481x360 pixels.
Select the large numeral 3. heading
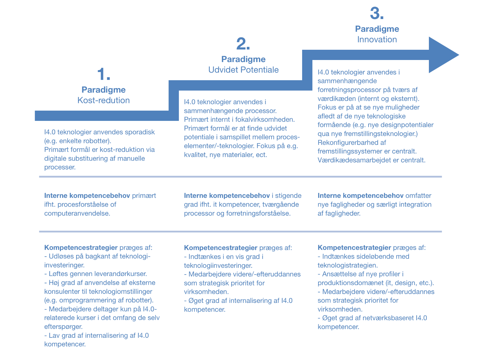[x=377, y=13]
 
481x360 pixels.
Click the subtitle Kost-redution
[x=103, y=100]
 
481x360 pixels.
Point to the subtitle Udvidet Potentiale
[x=243, y=70]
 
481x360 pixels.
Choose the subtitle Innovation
[x=377, y=40]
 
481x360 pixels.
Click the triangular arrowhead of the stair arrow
[x=443, y=55]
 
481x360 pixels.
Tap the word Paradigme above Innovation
[x=377, y=29]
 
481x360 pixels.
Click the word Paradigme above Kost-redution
[x=103, y=90]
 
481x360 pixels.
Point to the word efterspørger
[x=63, y=327]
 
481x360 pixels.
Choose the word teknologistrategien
[x=348, y=265]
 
